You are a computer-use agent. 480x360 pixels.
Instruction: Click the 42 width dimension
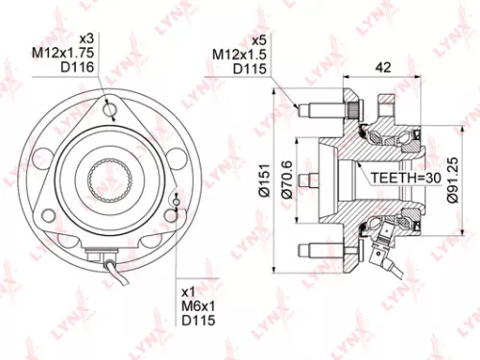point(381,68)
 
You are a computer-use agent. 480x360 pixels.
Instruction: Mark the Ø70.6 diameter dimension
point(285,179)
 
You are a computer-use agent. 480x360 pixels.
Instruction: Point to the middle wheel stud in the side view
point(309,179)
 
